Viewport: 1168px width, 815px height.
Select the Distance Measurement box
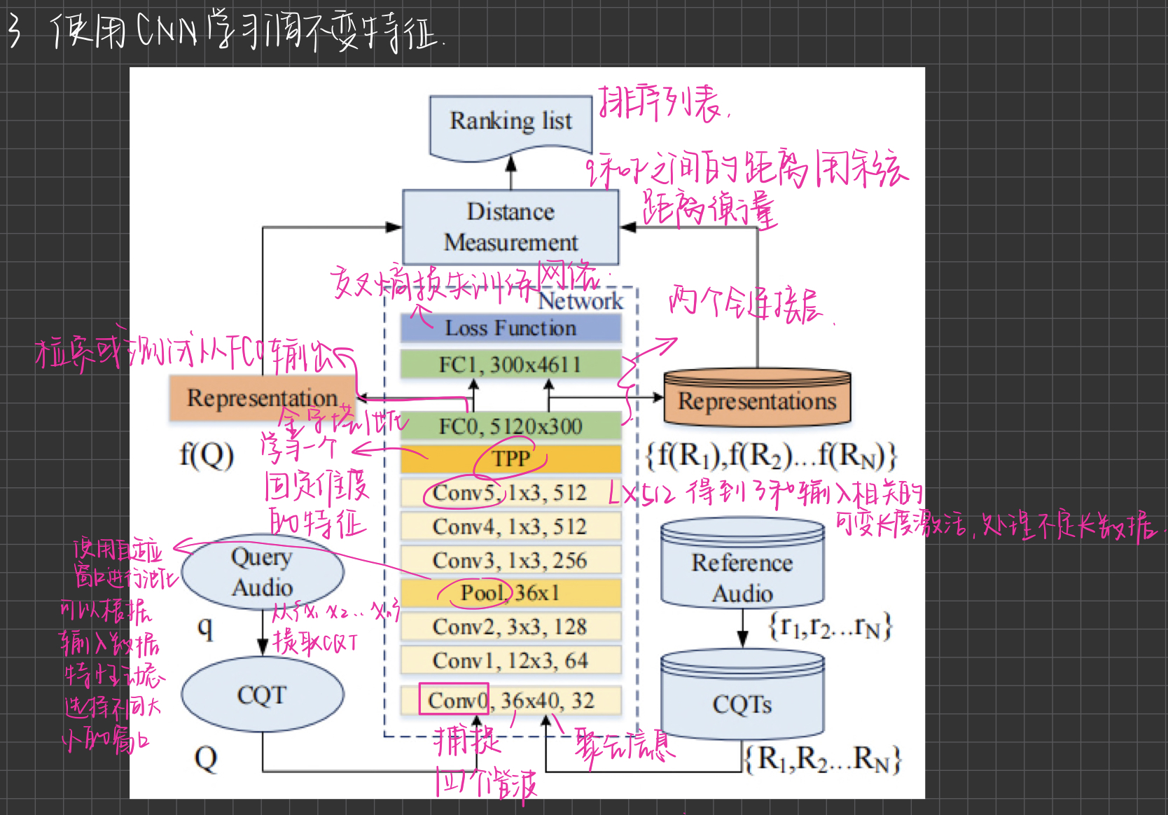[510, 227]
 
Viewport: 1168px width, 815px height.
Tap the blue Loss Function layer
[510, 328]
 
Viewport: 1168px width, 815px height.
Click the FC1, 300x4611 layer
[510, 365]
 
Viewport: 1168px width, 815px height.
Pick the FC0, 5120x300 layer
[510, 426]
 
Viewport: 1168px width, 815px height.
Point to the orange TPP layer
[510, 459]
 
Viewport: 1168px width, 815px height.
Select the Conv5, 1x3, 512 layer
[510, 493]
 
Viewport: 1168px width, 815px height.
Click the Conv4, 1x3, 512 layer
[510, 527]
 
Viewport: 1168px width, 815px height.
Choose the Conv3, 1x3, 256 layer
[510, 560]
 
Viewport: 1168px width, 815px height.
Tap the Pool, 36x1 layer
[510, 593]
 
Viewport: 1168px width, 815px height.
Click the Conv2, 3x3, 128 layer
[510, 627]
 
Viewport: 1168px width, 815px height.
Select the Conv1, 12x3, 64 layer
[510, 660]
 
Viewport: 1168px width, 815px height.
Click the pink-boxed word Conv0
[454, 699]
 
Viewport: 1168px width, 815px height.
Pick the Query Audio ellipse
[263, 572]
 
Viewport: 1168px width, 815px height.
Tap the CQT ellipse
[263, 695]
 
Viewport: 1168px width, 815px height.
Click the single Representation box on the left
[262, 398]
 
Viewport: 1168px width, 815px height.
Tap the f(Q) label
[207, 456]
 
